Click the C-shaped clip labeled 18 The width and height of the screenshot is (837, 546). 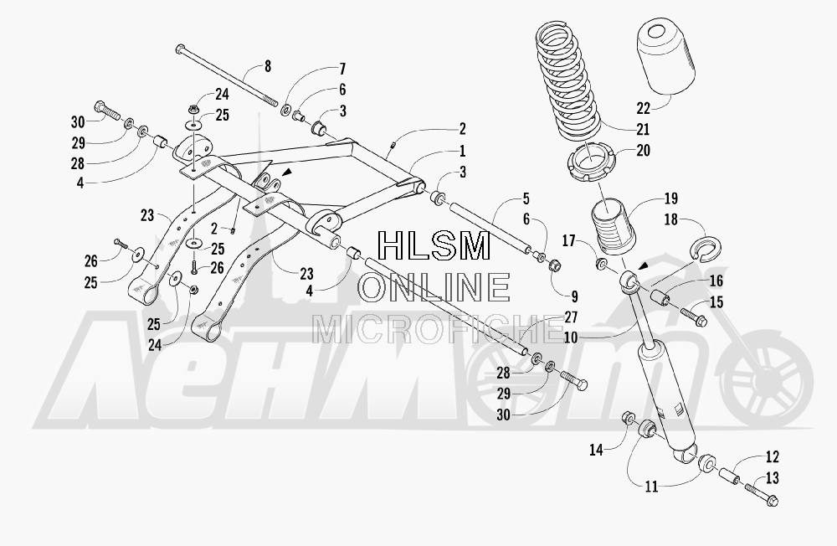click(x=706, y=246)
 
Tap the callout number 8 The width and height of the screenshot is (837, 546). click(x=268, y=66)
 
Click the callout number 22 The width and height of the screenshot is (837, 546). click(x=643, y=108)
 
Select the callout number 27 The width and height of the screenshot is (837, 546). click(x=571, y=317)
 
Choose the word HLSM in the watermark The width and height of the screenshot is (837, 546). click(x=434, y=245)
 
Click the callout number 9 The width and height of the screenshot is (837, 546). click(x=574, y=296)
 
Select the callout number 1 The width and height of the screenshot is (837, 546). click(x=462, y=151)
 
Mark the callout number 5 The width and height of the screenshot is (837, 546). click(x=526, y=199)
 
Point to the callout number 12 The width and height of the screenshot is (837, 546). click(x=772, y=456)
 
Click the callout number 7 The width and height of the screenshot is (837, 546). click(x=342, y=69)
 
